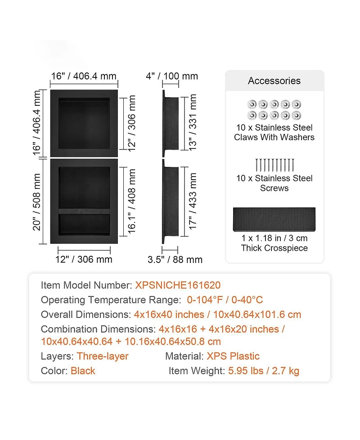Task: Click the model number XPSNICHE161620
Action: [x=178, y=285]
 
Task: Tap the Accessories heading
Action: [x=274, y=81]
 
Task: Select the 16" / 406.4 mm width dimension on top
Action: [x=84, y=76]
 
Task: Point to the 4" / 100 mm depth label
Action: [x=172, y=76]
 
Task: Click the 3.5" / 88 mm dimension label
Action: [x=175, y=259]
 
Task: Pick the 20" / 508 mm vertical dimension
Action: [x=37, y=202]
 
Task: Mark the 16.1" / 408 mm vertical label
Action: [x=131, y=201]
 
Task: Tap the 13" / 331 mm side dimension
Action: [x=193, y=122]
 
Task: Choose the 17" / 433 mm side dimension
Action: [x=193, y=201]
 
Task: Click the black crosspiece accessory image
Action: [x=274, y=219]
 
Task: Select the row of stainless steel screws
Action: [x=274, y=165]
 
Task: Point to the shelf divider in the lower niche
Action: [x=84, y=211]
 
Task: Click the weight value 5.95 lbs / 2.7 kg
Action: [x=264, y=371]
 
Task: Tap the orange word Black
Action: [x=83, y=371]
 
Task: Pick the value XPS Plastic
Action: [x=233, y=356]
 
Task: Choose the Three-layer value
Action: [x=103, y=356]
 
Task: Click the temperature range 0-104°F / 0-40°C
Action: [x=225, y=299]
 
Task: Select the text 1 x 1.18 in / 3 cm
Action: [x=274, y=238]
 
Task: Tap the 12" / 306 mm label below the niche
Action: [x=84, y=259]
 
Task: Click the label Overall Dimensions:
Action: [x=86, y=314]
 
